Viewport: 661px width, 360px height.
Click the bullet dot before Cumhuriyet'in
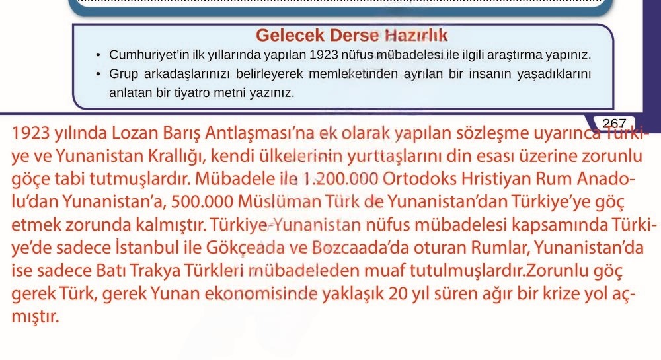coord(97,54)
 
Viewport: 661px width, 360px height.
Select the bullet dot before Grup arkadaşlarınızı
coord(97,72)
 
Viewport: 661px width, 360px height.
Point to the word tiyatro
coord(191,92)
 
